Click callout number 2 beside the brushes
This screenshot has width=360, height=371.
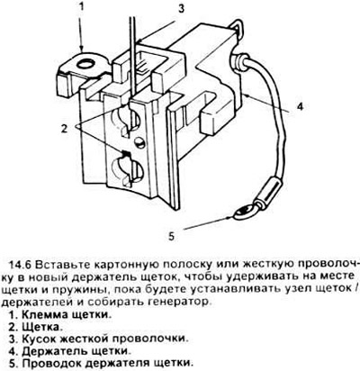[64, 128]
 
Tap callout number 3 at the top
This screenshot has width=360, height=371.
[181, 9]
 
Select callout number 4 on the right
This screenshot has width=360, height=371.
[300, 106]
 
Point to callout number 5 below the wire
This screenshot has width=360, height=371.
[171, 236]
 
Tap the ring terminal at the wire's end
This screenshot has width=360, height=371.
[246, 212]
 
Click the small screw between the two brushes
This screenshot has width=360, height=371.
[139, 141]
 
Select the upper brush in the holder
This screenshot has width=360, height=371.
[126, 120]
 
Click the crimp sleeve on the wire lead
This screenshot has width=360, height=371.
[271, 191]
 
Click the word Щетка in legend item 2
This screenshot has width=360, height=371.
[41, 327]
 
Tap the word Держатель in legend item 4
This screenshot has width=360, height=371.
[51, 351]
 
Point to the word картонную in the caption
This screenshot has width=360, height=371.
[124, 266]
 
